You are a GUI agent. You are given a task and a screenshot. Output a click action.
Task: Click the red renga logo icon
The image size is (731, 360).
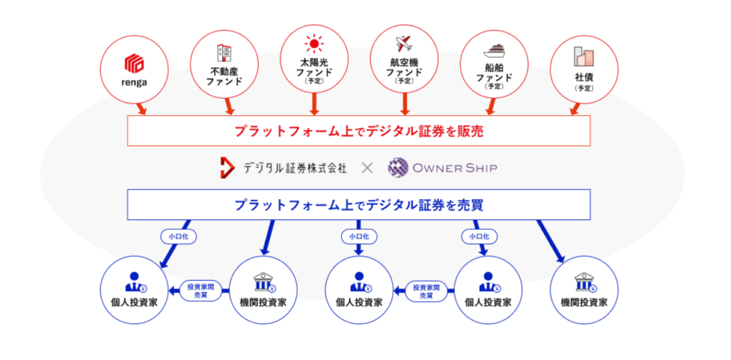click(134, 63)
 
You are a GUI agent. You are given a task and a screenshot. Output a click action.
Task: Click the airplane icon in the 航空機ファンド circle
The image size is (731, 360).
click(404, 45)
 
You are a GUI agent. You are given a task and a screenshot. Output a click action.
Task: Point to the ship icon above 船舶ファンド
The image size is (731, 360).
click(494, 51)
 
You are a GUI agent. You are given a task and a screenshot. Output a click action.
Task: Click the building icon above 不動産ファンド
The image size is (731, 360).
click(224, 53)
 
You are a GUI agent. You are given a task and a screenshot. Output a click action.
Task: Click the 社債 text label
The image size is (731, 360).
click(583, 77)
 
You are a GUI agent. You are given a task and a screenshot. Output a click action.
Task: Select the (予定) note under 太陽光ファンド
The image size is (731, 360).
click(314, 81)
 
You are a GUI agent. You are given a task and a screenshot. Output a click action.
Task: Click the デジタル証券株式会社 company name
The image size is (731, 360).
click(295, 169)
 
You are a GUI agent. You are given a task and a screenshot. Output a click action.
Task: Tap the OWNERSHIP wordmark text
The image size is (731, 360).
click(455, 169)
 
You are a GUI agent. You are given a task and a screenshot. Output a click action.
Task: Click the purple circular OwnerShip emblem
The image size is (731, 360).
click(398, 169)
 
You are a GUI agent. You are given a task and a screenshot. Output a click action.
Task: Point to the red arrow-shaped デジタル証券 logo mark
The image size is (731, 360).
click(228, 169)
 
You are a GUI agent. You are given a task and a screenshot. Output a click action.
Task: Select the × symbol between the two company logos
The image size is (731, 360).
click(367, 169)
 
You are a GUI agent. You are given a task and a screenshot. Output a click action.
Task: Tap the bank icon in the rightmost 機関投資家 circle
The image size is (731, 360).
click(583, 279)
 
